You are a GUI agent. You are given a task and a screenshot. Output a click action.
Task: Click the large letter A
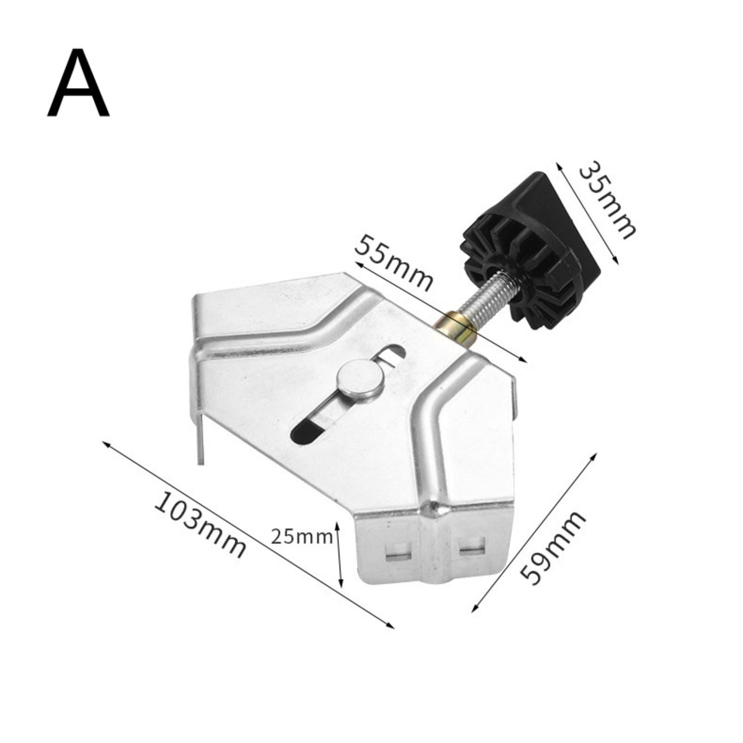[x=78, y=83]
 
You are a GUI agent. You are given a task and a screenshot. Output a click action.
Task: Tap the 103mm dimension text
[x=200, y=525]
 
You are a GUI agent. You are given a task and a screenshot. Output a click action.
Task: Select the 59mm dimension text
[x=552, y=547]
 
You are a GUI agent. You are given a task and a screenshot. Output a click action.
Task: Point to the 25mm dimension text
[x=302, y=537]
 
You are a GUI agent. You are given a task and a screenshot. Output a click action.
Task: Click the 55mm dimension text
[x=394, y=264]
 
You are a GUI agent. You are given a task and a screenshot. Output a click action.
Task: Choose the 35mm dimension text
[x=606, y=201]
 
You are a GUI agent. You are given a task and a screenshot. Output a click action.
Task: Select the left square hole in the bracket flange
[x=399, y=550]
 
